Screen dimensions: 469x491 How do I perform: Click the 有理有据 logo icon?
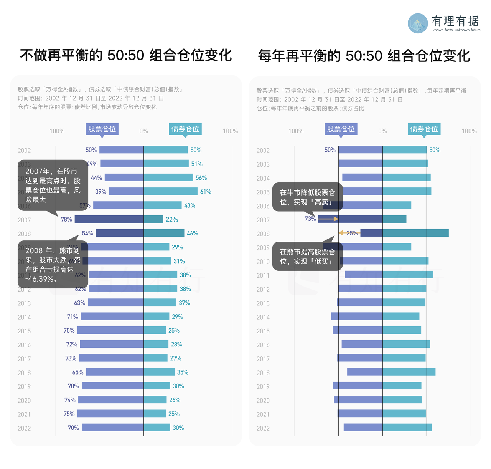coord(418,23)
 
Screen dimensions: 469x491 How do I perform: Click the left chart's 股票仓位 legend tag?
coord(102,129)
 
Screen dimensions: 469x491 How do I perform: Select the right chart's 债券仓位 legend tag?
coord(424,129)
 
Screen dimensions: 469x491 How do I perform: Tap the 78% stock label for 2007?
coord(66,219)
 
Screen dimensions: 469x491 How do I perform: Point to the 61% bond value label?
coord(206,192)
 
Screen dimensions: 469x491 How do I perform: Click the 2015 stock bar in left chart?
coord(110,330)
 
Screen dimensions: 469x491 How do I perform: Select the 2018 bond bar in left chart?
coord(159,372)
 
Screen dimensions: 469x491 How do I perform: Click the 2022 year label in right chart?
coord(263,428)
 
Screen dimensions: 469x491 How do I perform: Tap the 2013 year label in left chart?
coord(24,303)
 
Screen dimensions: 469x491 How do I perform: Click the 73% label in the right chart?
coord(310,219)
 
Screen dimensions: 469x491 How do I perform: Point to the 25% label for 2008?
coord(352,233)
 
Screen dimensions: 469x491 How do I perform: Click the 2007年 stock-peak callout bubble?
coord(53,186)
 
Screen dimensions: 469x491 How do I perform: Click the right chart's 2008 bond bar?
coord(415,233)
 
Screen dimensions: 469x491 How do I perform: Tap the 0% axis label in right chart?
coord(382,131)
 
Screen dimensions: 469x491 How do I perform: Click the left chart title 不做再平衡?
coord(126,55)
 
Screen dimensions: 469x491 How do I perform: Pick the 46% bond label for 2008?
coord(192,233)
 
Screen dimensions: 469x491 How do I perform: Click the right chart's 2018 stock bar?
coord(365,372)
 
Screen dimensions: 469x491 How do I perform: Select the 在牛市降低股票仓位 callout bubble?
coord(307,197)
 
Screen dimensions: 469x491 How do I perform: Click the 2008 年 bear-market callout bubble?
coord(53,265)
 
